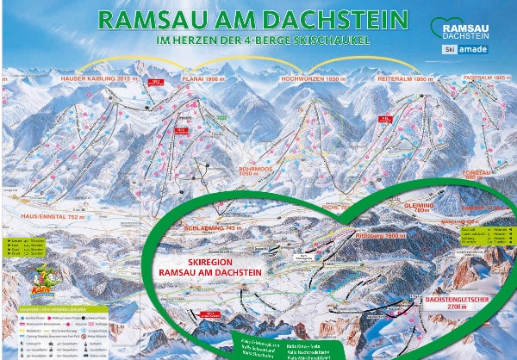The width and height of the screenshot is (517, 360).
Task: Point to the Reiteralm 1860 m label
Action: (394, 78)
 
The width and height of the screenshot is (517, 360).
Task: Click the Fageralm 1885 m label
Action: (482, 78)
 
